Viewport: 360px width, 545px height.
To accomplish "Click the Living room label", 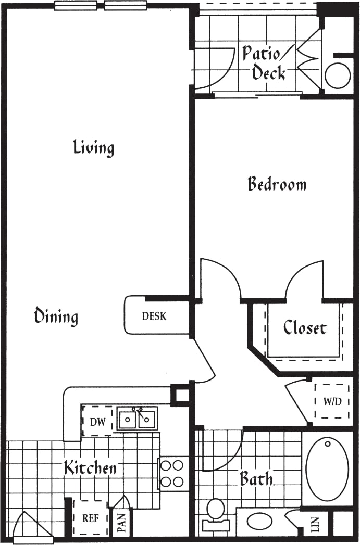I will [93, 147].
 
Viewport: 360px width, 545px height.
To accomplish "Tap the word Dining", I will [56, 316].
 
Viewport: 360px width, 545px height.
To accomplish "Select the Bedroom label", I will [277, 184].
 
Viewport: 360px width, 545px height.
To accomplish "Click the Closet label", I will [305, 328].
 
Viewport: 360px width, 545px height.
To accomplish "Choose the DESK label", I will [154, 316].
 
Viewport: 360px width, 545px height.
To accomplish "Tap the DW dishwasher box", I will [97, 422].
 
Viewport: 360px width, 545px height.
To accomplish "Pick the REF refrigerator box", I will [91, 518].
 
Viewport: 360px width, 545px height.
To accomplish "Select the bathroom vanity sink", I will [258, 521].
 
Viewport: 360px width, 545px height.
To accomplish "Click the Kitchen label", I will [90, 468].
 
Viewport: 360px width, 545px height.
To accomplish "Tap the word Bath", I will [256, 478].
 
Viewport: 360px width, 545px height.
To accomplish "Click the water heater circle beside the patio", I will [338, 76].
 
